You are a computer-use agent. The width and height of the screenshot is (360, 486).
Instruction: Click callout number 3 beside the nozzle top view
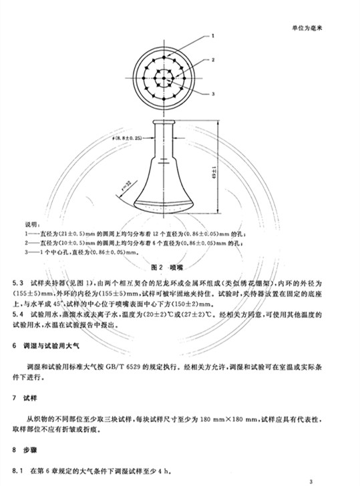coord(212,95)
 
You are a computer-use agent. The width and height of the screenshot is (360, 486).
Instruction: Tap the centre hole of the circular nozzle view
coord(160,75)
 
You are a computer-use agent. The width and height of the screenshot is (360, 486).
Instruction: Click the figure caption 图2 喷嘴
coord(167,266)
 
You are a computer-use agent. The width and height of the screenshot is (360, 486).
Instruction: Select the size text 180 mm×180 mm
coord(217,415)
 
